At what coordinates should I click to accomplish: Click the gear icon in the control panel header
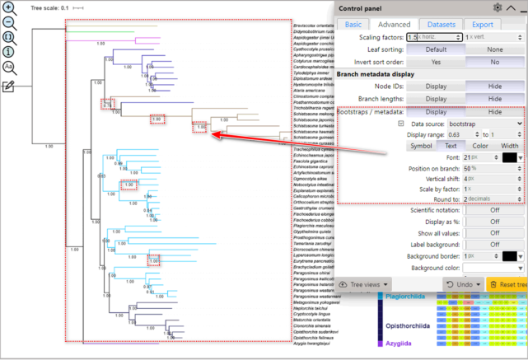[x=498, y=7]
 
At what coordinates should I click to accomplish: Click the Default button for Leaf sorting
[x=436, y=49]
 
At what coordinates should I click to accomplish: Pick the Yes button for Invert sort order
[x=436, y=62]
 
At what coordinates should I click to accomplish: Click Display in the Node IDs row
[x=436, y=86]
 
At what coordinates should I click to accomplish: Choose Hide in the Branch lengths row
[x=495, y=99]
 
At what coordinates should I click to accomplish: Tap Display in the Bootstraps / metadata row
[x=436, y=112]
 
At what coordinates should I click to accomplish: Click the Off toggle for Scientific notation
[x=495, y=210]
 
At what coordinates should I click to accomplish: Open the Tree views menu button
[x=363, y=284]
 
